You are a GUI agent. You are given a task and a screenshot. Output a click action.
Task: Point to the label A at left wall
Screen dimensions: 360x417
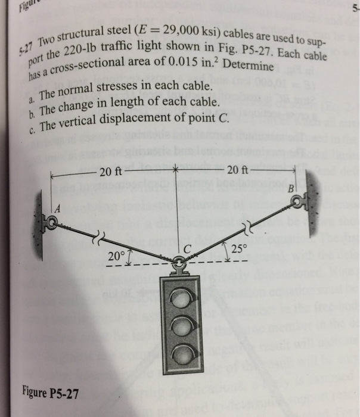click(58, 208)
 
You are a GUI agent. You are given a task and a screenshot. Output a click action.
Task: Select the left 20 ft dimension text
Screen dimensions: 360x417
click(111, 173)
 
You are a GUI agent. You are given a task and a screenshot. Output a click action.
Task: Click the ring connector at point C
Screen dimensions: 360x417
click(179, 262)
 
